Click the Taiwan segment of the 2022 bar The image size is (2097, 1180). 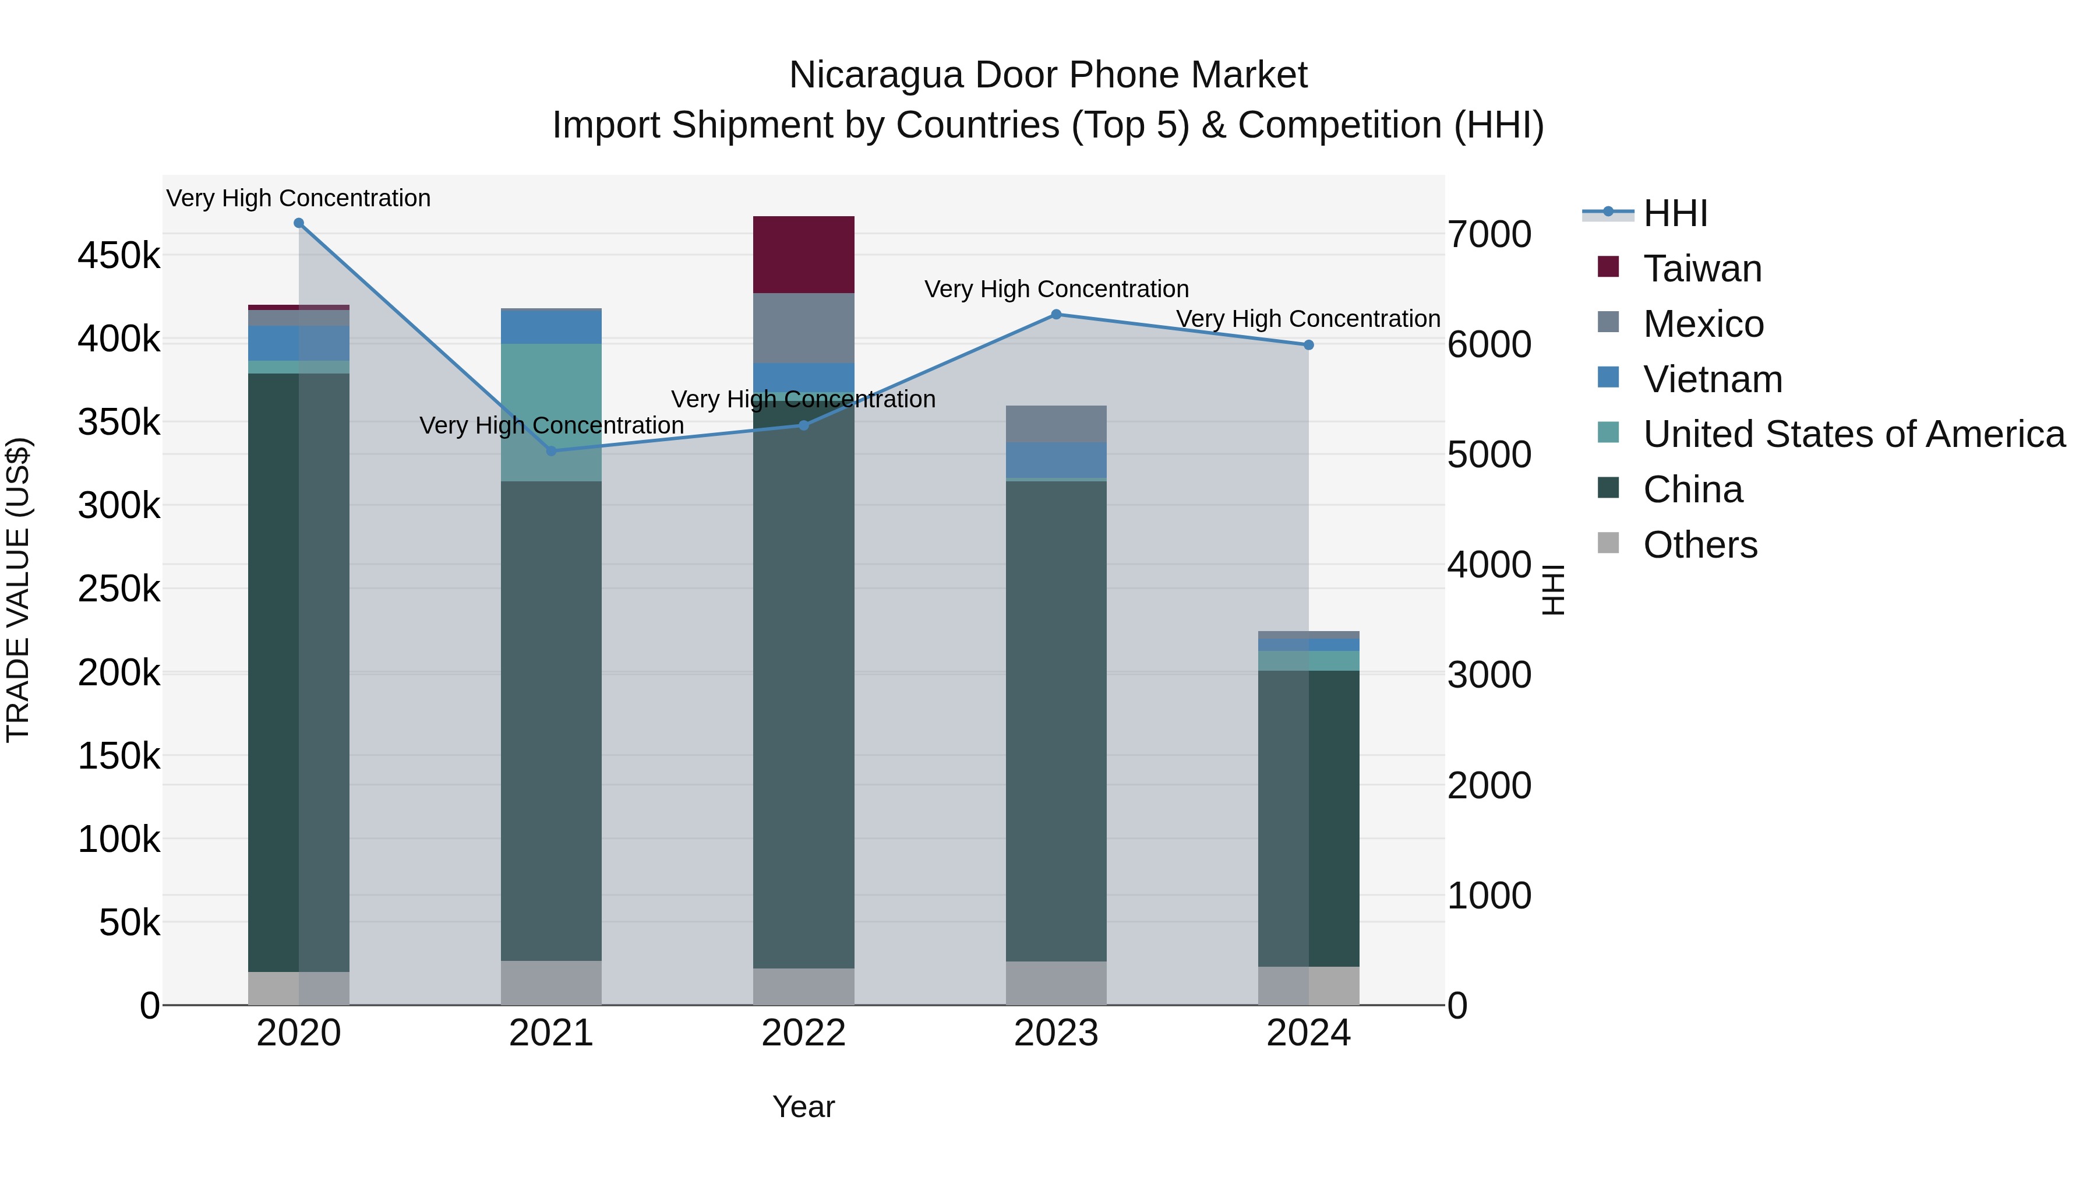pyautogui.click(x=803, y=254)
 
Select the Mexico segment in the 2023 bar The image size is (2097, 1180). pyautogui.click(x=1056, y=424)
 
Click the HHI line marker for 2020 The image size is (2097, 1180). pyautogui.click(x=299, y=223)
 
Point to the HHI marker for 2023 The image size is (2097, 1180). pyautogui.click(x=1056, y=314)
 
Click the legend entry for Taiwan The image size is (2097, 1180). pyautogui.click(x=1701, y=269)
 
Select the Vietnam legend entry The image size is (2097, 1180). pyautogui.click(x=1712, y=379)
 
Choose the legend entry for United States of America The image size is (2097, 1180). pyautogui.click(x=1853, y=434)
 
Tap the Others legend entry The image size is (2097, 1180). pyautogui.click(x=1700, y=545)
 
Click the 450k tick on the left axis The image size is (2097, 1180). pyautogui.click(x=119, y=256)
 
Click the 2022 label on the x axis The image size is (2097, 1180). pyautogui.click(x=803, y=1033)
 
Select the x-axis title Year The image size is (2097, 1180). pyautogui.click(x=803, y=1107)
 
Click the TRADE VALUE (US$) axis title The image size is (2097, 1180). pyautogui.click(x=18, y=590)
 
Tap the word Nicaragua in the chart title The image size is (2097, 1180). pyautogui.click(x=876, y=75)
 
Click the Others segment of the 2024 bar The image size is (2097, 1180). pyautogui.click(x=1308, y=985)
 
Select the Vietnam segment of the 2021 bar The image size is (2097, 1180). pyautogui.click(x=551, y=327)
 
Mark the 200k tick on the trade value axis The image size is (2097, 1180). pyautogui.click(x=119, y=672)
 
